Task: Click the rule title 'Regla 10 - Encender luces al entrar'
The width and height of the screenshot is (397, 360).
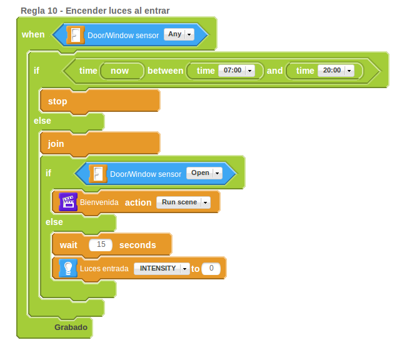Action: pos(95,11)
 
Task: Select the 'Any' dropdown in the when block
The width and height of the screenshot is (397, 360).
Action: pos(179,34)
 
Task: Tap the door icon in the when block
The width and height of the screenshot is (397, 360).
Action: pos(75,35)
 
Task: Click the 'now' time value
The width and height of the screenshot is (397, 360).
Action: pos(119,71)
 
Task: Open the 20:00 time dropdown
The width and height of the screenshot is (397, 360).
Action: pos(336,71)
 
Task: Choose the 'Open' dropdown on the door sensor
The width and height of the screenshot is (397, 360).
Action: pos(204,173)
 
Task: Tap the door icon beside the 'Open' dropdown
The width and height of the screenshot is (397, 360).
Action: pos(98,174)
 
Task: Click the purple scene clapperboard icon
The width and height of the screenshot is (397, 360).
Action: pos(68,202)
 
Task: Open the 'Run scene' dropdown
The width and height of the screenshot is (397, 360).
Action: pos(183,202)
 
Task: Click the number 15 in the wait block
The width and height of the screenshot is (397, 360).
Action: pos(101,245)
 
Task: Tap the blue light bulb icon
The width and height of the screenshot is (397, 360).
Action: pos(68,268)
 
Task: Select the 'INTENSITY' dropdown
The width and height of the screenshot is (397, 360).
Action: pos(161,269)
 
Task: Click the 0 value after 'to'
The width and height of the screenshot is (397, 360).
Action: pos(211,269)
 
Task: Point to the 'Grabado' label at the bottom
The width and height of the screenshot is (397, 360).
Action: pos(71,327)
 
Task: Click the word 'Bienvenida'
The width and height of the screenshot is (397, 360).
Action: pos(99,202)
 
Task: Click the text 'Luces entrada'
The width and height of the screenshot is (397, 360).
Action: pos(104,269)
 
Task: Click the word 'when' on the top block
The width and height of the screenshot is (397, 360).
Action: pos(33,34)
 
